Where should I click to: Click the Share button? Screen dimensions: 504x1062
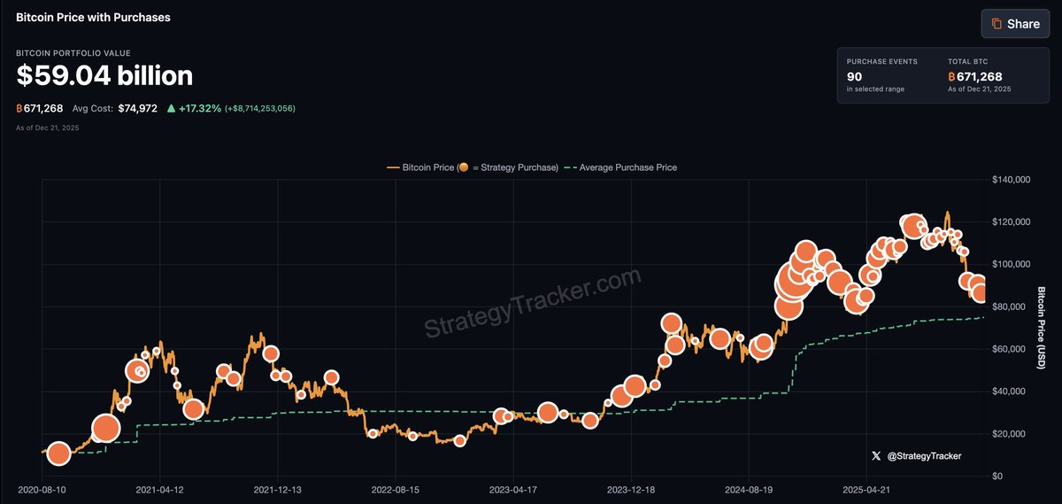1015,24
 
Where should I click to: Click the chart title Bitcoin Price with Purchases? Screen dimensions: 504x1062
93,17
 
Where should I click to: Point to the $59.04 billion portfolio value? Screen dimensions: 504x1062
104,76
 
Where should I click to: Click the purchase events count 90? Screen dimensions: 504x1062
855,77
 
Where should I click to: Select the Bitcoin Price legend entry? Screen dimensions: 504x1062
473,167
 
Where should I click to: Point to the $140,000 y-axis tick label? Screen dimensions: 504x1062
1012,180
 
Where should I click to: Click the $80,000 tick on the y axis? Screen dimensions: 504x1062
1012,306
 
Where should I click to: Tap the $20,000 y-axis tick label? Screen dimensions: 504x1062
1012,434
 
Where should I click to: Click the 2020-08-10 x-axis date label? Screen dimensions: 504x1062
42,489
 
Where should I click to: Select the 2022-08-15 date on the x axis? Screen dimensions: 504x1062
396,489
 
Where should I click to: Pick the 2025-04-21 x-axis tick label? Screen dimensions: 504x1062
866,489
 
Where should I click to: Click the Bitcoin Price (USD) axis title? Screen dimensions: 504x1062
1042,328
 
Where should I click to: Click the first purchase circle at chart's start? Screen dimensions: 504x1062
58,454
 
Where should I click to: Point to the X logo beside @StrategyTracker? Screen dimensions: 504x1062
876,456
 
